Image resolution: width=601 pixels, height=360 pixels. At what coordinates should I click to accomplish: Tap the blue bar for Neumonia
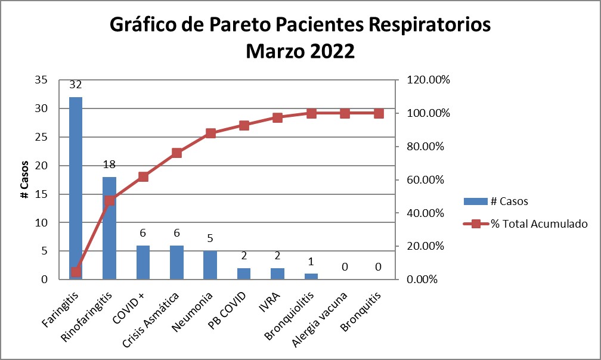point(210,265)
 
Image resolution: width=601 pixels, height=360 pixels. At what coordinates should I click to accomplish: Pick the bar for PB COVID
point(243,274)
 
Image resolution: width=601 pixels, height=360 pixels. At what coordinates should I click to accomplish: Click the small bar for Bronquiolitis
point(311,277)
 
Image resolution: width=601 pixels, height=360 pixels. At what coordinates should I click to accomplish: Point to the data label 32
point(76,85)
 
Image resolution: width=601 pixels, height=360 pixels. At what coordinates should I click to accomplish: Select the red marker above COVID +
point(143,176)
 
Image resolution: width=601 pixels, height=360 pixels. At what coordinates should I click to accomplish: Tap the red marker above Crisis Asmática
point(176,153)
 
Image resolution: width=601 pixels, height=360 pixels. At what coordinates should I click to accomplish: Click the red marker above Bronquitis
point(378,113)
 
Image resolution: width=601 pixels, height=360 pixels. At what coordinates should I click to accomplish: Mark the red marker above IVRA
point(277,118)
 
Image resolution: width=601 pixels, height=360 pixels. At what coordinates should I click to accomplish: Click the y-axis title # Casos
point(24,179)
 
